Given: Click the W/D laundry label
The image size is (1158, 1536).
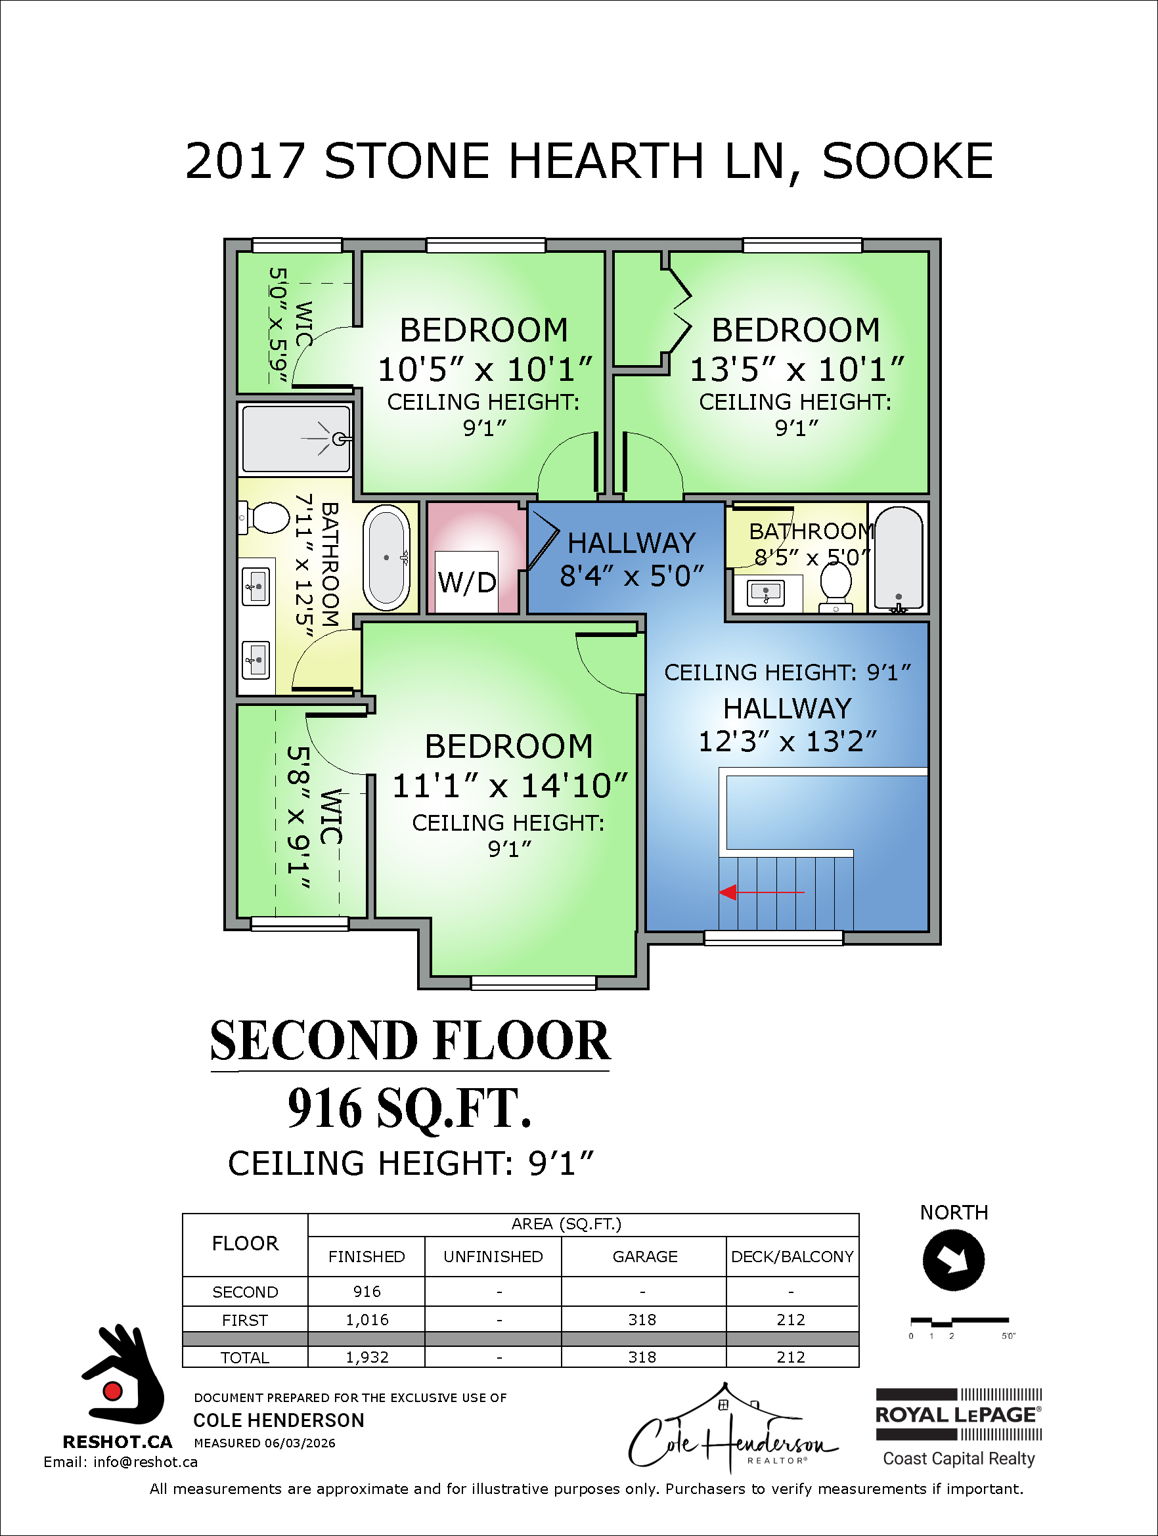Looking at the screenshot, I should click(x=466, y=582).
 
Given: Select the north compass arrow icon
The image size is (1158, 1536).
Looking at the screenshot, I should click(x=953, y=1260).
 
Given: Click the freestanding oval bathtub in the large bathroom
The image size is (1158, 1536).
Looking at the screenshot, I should click(x=386, y=558).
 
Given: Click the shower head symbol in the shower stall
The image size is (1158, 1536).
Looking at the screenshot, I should click(x=339, y=438).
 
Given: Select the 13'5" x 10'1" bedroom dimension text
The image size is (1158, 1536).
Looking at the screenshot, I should click(x=796, y=369).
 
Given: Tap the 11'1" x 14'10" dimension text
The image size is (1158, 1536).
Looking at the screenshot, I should click(x=509, y=786).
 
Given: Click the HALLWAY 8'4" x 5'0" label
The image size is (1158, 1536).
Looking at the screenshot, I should click(x=631, y=558).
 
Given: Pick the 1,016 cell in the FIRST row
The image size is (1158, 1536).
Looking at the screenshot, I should click(x=366, y=1320).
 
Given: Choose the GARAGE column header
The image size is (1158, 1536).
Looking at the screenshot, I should click(x=644, y=1256).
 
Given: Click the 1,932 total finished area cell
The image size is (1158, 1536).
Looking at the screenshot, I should click(x=366, y=1357).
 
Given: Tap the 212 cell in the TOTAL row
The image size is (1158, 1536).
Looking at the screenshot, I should click(x=790, y=1357).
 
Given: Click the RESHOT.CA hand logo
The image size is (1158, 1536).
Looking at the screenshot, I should click(x=122, y=1376).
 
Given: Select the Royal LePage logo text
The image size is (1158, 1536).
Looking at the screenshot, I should click(x=957, y=1414).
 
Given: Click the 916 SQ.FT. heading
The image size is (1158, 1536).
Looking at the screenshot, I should click(x=409, y=1108).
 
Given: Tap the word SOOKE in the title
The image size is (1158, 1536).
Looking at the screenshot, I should click(x=907, y=162).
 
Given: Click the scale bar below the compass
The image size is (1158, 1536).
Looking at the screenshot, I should click(x=958, y=1322).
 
